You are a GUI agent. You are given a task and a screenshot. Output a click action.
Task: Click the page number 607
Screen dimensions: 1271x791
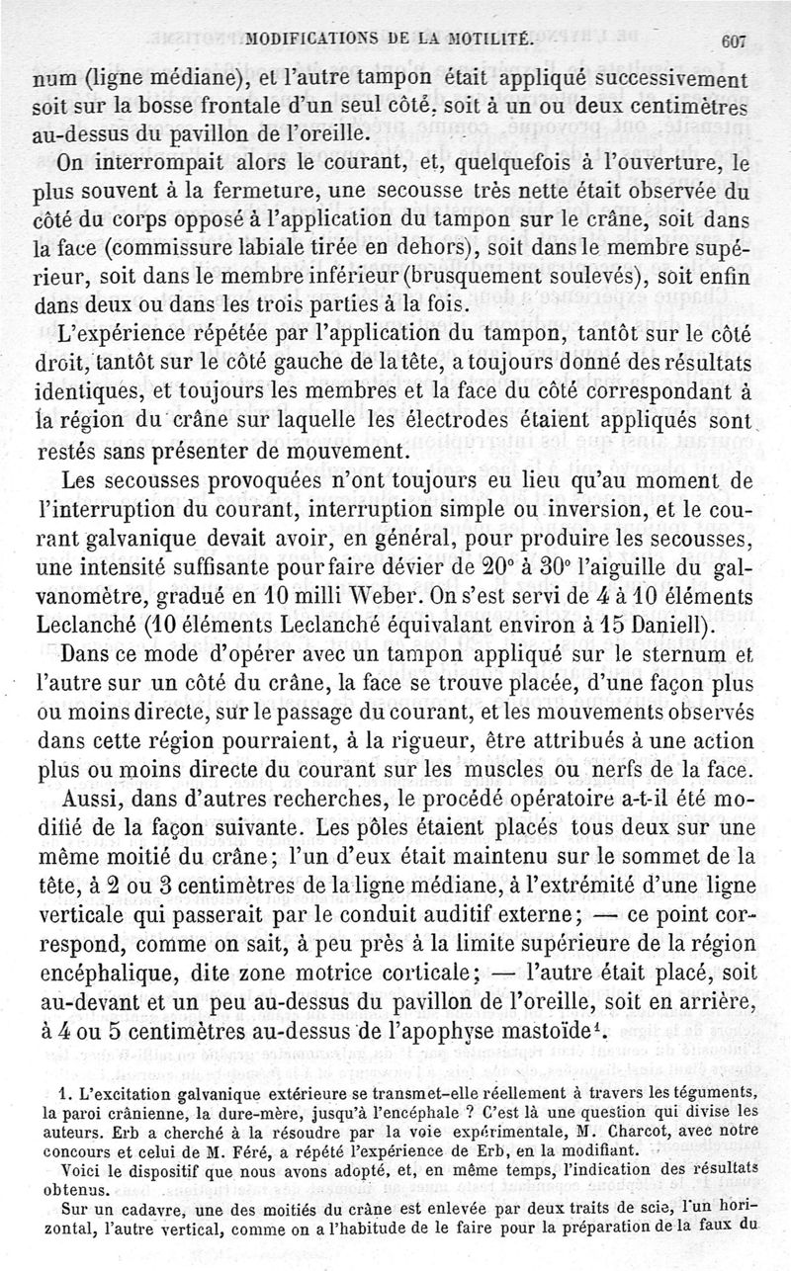point(734,42)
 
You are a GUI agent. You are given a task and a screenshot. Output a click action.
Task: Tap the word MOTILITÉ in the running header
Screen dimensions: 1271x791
point(480,42)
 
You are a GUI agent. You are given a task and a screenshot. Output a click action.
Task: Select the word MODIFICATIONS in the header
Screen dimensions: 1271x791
point(302,42)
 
